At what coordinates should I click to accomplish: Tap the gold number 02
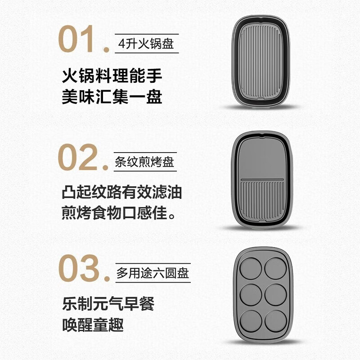(77, 157)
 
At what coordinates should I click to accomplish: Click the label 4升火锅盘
(146, 43)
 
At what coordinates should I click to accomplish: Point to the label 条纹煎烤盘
(144, 162)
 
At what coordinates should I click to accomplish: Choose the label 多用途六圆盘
(153, 273)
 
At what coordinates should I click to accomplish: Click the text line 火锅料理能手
(112, 76)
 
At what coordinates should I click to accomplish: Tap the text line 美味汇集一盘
(112, 97)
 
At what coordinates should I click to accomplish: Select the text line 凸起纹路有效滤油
(121, 192)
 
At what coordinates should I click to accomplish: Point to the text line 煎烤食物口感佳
(118, 213)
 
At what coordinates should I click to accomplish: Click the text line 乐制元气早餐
(108, 303)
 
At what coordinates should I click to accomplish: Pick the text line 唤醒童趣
(93, 324)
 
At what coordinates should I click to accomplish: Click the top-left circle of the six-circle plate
(251, 268)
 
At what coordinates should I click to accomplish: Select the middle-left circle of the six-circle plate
(251, 295)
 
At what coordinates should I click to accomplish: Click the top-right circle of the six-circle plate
(275, 268)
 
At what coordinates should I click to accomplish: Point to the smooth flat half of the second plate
(262, 158)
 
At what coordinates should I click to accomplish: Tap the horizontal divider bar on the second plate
(262, 179)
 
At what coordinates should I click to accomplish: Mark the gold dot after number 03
(107, 278)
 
